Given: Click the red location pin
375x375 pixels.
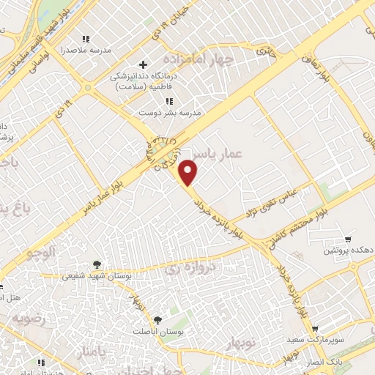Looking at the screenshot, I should (x=189, y=173).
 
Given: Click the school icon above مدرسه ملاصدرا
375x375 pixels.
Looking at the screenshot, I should (x=86, y=38).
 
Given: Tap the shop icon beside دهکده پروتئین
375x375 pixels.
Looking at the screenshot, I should (x=347, y=240).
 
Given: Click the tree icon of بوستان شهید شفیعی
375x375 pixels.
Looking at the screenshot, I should (x=97, y=264).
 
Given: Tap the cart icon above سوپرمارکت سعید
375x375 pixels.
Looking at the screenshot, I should (x=314, y=329).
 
